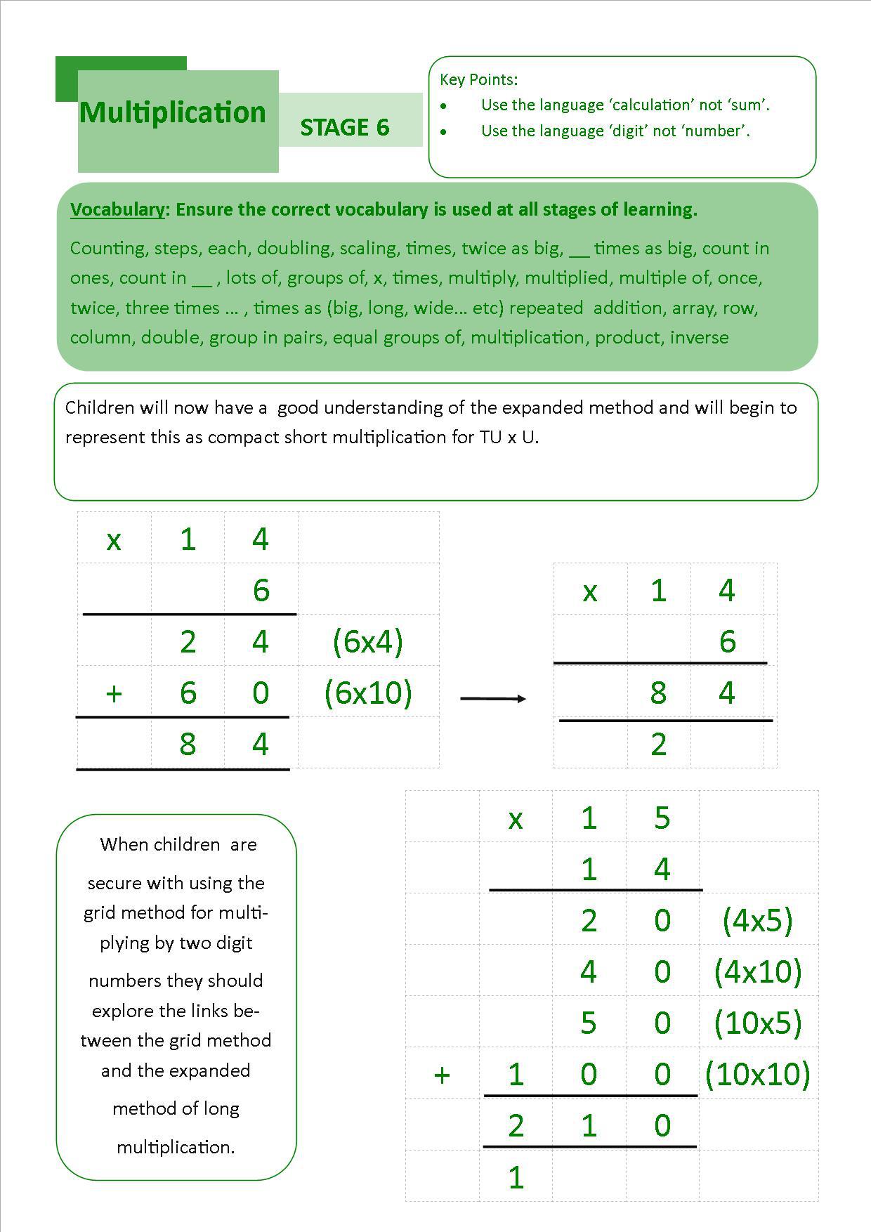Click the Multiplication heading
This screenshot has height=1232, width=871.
(x=173, y=112)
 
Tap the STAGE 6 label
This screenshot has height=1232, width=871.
(x=344, y=127)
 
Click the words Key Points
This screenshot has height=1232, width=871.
(x=478, y=79)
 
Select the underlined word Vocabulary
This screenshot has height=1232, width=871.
(x=117, y=209)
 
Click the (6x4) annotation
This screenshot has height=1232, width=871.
(x=368, y=641)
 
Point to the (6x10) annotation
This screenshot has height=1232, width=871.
(x=368, y=693)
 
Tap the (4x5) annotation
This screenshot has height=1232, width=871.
(x=757, y=920)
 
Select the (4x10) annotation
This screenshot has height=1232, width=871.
(x=758, y=971)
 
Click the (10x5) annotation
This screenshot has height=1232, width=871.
(x=758, y=1023)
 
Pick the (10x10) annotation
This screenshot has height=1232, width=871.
(x=758, y=1074)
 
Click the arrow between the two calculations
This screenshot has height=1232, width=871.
(x=493, y=698)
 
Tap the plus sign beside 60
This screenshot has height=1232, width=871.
(x=114, y=693)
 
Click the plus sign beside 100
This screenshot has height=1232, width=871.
(x=442, y=1075)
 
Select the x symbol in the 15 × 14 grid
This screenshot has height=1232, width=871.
(x=516, y=819)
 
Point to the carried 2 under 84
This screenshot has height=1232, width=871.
(x=658, y=744)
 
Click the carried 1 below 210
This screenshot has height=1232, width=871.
(x=516, y=1177)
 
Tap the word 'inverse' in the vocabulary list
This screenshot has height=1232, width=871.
(x=699, y=337)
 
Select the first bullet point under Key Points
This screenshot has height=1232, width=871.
(x=443, y=106)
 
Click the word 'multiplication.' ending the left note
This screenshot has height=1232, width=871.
(x=176, y=1147)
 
